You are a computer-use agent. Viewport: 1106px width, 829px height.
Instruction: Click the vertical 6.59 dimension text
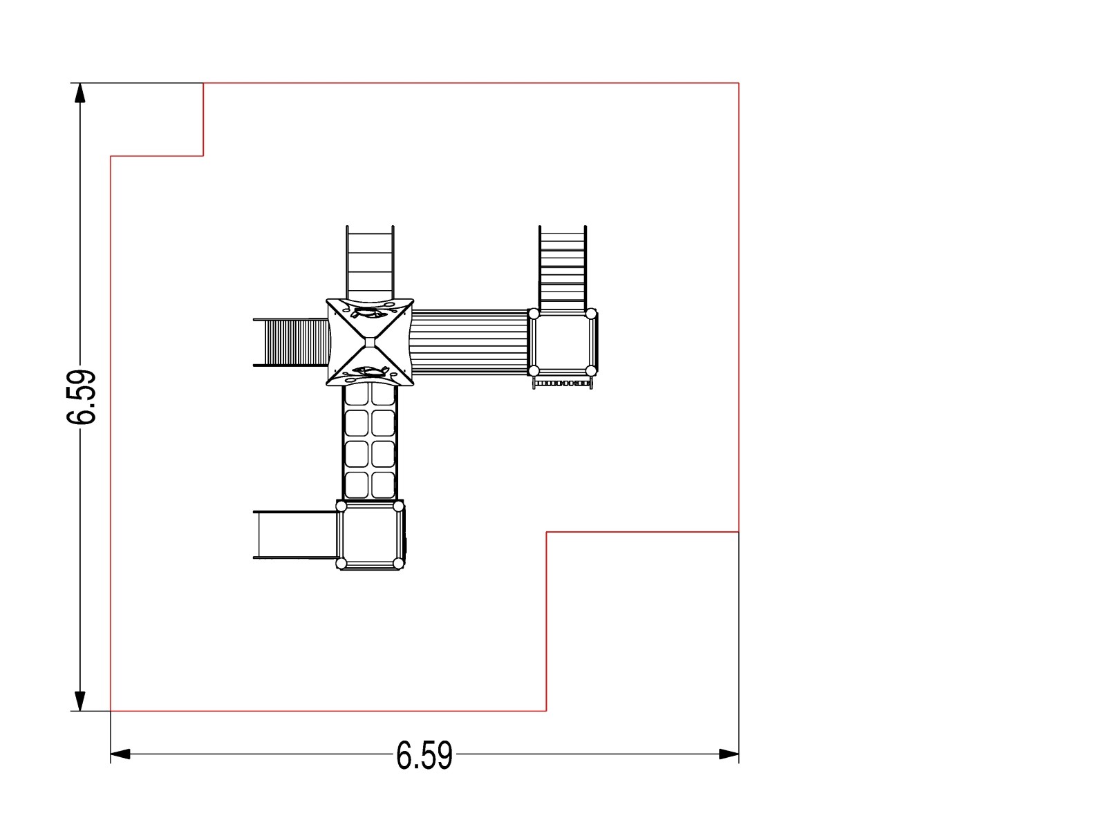(x=81, y=397)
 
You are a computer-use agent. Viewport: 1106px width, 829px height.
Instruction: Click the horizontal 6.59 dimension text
(x=424, y=755)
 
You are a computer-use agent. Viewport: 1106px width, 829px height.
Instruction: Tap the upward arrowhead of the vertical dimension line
(x=80, y=93)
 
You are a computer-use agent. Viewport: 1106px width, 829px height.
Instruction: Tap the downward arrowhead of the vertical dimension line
(x=80, y=701)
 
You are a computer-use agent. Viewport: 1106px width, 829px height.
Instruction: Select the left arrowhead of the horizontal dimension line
(x=120, y=754)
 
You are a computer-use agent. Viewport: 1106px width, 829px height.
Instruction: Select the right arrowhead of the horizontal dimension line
(x=729, y=754)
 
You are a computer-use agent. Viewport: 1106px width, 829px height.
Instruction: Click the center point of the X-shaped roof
(x=370, y=342)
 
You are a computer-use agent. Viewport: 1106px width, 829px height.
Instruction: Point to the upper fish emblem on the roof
(x=370, y=312)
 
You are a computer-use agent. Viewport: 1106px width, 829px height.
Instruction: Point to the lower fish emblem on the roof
(x=370, y=372)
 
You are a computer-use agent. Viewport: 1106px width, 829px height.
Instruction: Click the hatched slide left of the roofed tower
(x=291, y=342)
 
